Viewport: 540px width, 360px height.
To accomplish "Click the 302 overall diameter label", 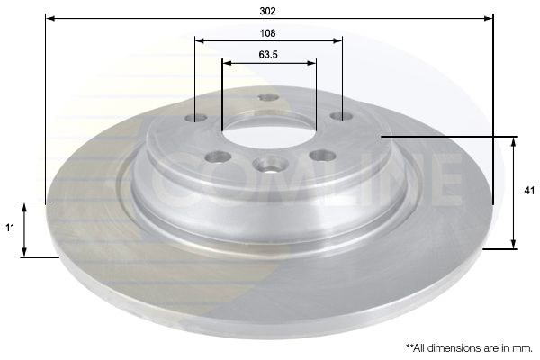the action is click(x=267, y=11).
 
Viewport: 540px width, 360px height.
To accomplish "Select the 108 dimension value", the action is click(x=267, y=33).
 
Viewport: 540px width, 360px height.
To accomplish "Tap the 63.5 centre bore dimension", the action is click(x=268, y=54).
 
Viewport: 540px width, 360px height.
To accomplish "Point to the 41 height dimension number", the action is click(x=529, y=191).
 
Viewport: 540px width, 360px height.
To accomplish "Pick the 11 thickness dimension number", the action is click(x=10, y=228).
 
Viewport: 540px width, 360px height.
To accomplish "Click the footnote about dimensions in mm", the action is click(x=469, y=348).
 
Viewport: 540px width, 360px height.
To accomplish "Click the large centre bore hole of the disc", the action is click(x=269, y=133).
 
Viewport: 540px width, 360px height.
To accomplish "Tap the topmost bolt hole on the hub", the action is click(x=268, y=97).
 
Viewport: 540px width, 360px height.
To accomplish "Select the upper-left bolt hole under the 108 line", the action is click(x=195, y=118).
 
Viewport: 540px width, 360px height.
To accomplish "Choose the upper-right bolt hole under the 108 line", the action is click(x=342, y=116).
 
